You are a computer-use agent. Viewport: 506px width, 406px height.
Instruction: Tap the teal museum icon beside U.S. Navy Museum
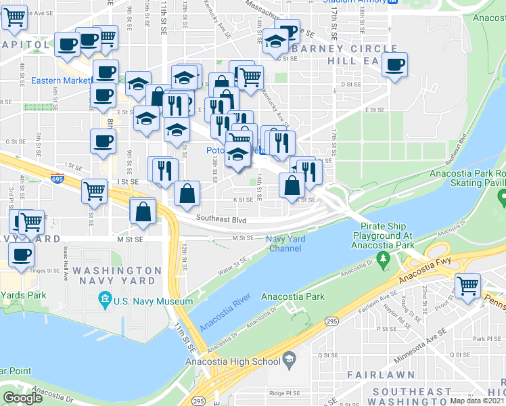(x=105, y=299)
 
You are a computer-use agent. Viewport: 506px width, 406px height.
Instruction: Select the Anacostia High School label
(x=237, y=361)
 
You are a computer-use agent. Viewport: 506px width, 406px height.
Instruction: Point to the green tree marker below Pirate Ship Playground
(x=384, y=258)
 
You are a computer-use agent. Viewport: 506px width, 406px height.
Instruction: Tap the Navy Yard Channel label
(x=286, y=244)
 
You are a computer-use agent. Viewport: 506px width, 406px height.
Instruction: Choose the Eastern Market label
(x=60, y=81)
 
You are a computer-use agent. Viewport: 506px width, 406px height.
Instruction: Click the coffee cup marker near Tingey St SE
(x=22, y=254)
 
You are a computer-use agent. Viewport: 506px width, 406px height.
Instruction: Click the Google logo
(x=23, y=398)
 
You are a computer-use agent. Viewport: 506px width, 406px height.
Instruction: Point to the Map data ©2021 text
(x=478, y=401)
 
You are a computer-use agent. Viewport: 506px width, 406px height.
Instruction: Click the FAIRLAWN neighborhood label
(x=375, y=374)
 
